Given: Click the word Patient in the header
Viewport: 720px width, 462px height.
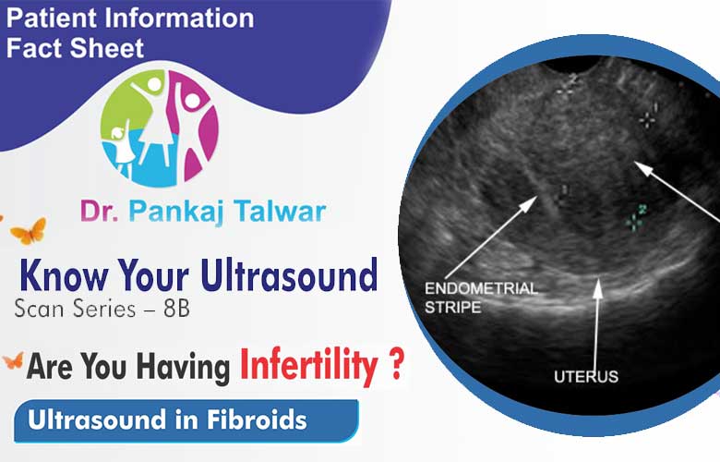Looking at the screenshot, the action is point(53,18).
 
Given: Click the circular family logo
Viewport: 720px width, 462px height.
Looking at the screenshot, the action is point(160,128).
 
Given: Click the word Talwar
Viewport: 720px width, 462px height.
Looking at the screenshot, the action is point(280,211).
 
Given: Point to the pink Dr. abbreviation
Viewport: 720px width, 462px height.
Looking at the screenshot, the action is point(100,212).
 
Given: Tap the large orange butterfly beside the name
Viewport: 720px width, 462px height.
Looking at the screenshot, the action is point(29,231).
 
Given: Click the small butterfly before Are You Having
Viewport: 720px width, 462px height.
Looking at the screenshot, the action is point(13,361).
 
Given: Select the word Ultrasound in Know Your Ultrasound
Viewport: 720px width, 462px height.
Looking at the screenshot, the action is point(289,275).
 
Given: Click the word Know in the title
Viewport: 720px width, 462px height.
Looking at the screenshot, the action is point(65,275).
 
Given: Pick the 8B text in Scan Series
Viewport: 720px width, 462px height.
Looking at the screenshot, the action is point(177,309).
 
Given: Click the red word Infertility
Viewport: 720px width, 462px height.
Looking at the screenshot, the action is point(308,366).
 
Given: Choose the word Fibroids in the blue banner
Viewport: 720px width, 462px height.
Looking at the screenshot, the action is point(257,419).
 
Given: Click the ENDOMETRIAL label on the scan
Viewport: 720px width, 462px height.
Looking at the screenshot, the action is point(481,288).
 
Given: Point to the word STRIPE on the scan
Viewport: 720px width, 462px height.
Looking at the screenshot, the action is point(452,307).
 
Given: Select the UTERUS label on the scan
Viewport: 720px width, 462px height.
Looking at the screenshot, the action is point(586,377).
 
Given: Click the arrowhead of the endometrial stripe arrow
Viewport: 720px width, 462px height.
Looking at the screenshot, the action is point(532,201).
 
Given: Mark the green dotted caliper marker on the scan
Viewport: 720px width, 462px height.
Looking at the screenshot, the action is point(636,217).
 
